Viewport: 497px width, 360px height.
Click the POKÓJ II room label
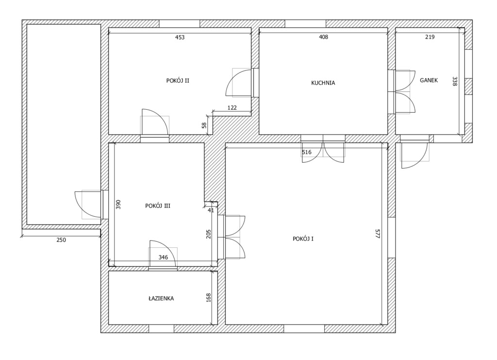click(x=178, y=81)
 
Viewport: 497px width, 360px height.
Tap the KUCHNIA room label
click(x=323, y=83)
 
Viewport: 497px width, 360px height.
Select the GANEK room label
click(x=429, y=80)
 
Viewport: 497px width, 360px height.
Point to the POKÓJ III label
click(x=158, y=206)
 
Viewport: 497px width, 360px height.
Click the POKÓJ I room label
click(x=303, y=239)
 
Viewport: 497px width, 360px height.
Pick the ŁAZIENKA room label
click(x=161, y=298)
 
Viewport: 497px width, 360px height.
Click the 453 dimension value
click(x=180, y=37)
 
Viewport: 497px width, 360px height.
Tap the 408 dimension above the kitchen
click(x=323, y=37)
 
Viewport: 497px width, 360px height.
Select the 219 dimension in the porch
click(x=430, y=37)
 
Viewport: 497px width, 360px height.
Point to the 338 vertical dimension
click(x=455, y=81)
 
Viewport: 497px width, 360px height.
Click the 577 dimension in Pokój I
click(x=378, y=234)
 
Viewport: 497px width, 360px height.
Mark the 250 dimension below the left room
click(x=61, y=240)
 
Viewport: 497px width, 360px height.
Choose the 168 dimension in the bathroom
click(x=209, y=297)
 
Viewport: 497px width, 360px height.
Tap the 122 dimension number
click(x=232, y=107)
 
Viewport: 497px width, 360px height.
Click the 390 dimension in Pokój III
click(x=118, y=204)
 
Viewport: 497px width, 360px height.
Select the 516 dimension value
click(x=307, y=152)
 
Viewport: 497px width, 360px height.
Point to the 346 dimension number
click(x=163, y=257)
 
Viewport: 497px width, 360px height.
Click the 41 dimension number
click(x=211, y=210)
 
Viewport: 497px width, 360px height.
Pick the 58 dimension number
click(x=204, y=125)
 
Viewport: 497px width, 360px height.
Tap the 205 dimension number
click(x=209, y=234)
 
